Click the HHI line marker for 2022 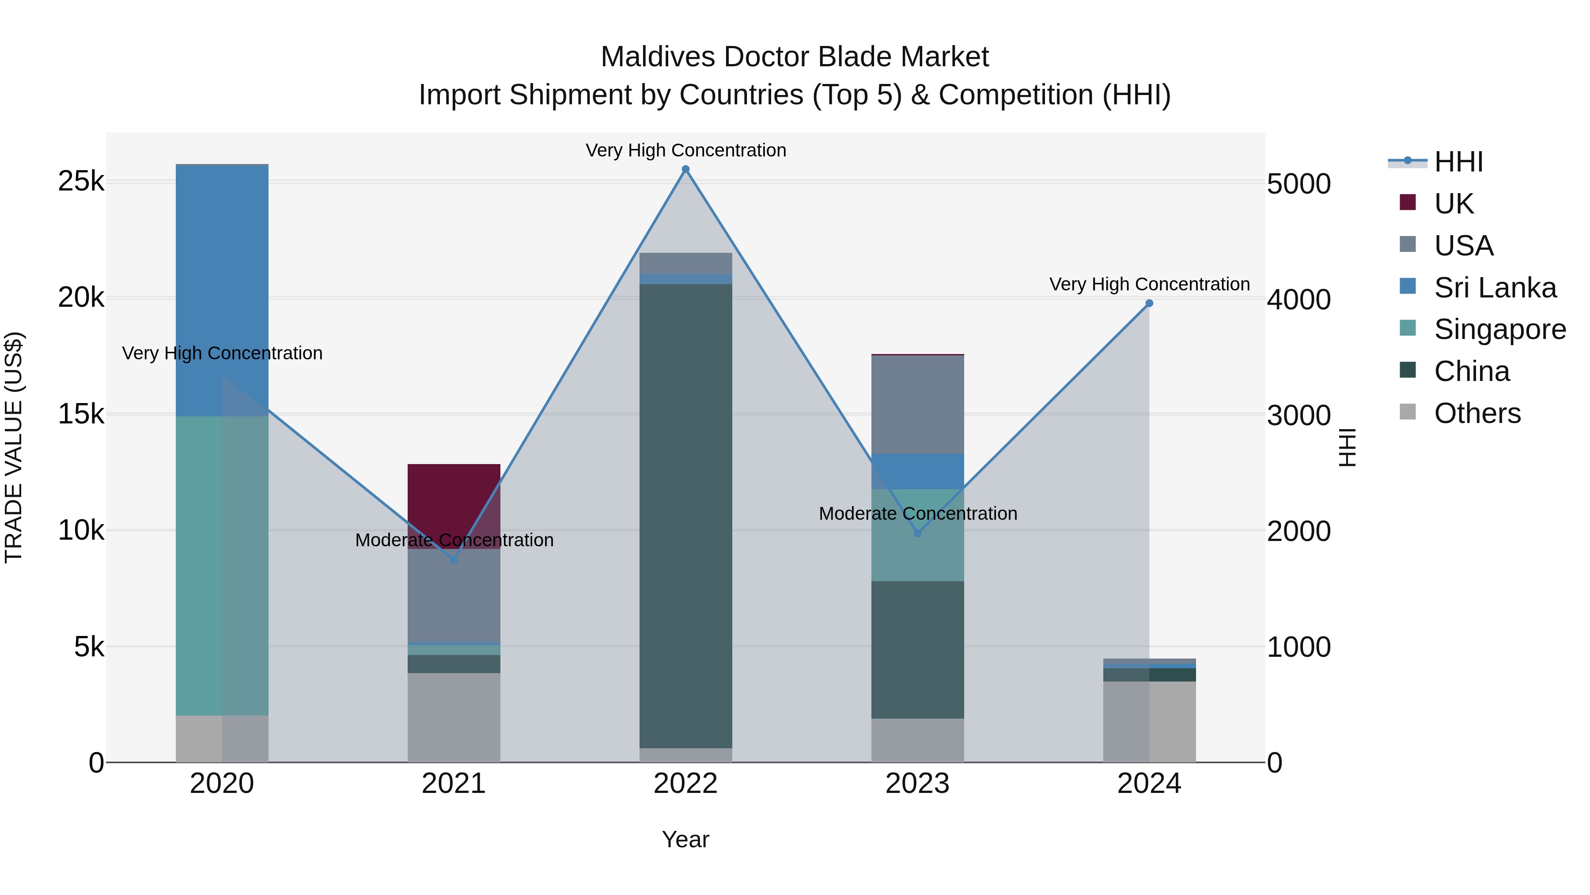[685, 169]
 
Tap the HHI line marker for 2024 [1149, 303]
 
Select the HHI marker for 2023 [917, 533]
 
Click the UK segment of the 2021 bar [454, 503]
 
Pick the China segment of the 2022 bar [685, 516]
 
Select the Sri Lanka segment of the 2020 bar [222, 290]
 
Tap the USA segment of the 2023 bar [917, 404]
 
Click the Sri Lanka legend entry [1494, 288]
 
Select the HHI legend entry [1458, 162]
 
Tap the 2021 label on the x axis [454, 784]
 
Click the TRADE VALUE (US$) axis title [14, 447]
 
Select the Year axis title [685, 839]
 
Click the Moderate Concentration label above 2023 [917, 513]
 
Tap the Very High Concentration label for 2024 [1149, 284]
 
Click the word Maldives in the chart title [657, 57]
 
